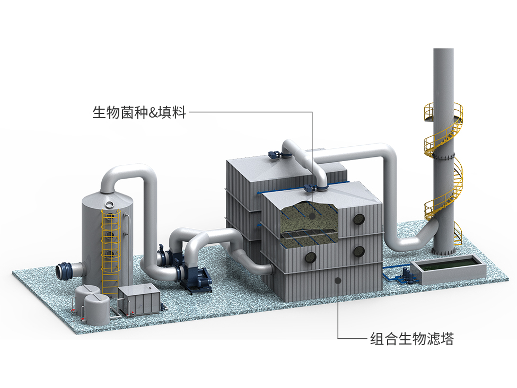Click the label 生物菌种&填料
point(139,112)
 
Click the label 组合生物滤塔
point(411,339)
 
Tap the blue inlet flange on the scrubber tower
point(65,270)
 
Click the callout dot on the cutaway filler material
point(312,216)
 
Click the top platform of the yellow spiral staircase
point(444,109)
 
